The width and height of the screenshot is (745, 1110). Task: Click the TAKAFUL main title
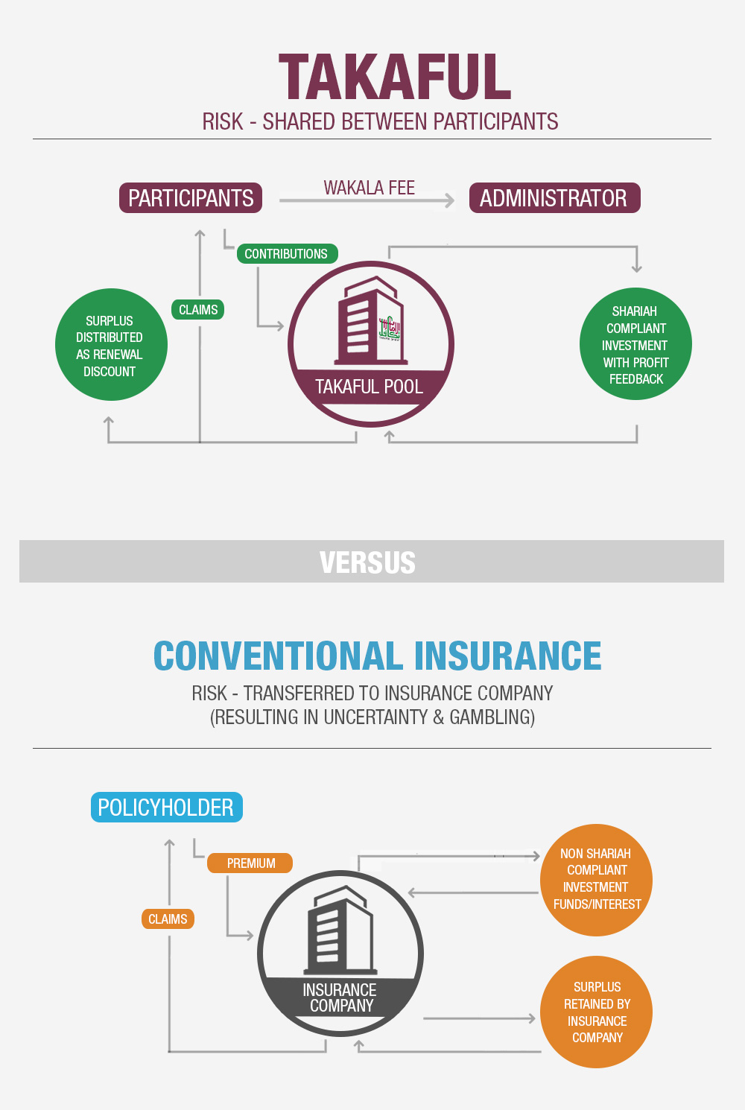pos(395,77)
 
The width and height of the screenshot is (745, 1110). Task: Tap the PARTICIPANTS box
pos(191,198)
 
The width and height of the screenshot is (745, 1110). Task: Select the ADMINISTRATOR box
pos(554,198)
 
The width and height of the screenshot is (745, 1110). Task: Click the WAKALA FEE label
pos(369,188)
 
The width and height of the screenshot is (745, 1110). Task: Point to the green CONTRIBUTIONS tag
pos(286,254)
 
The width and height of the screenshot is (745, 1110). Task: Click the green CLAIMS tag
pos(198,310)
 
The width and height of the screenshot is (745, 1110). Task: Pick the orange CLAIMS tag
pos(168,919)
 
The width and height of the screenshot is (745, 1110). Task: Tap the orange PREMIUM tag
pos(251,863)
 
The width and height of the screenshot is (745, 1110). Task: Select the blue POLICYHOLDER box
pos(166,808)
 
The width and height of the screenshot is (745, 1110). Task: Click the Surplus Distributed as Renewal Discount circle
pos(111,345)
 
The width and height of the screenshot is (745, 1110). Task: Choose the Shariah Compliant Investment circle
pos(635,344)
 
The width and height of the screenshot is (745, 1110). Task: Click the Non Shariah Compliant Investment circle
pos(596,880)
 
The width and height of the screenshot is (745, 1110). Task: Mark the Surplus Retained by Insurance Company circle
pos(596,1012)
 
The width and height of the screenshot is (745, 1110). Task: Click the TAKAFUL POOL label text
pos(369,387)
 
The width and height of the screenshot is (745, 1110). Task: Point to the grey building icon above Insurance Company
pos(340,931)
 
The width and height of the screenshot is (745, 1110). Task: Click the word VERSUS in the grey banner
pos(367,562)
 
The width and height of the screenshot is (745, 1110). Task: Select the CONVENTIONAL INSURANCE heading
pos(377,656)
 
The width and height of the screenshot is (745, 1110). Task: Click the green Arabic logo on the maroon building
pos(390,328)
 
